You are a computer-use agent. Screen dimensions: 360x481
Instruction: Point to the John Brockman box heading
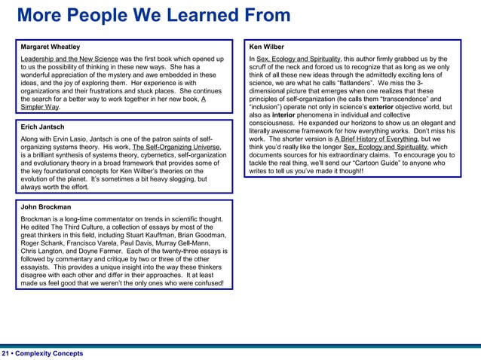(46, 207)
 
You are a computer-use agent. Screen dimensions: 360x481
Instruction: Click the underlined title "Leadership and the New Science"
(69, 59)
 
